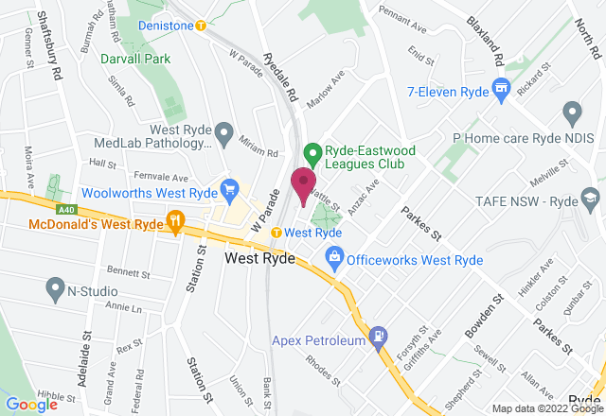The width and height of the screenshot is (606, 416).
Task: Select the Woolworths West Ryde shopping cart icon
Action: tap(228, 189)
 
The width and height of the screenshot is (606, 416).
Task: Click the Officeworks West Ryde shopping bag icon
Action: tap(333, 256)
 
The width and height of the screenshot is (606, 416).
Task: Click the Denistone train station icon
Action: tap(200, 26)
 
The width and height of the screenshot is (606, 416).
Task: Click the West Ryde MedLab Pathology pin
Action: tap(223, 132)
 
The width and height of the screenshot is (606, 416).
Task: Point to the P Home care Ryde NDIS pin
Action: tap(571, 114)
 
